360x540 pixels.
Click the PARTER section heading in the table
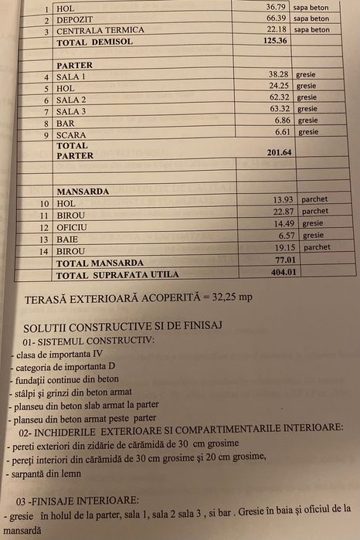(x=75, y=66)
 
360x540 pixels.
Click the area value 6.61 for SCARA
(x=281, y=132)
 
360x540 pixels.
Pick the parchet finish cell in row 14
(x=316, y=247)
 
